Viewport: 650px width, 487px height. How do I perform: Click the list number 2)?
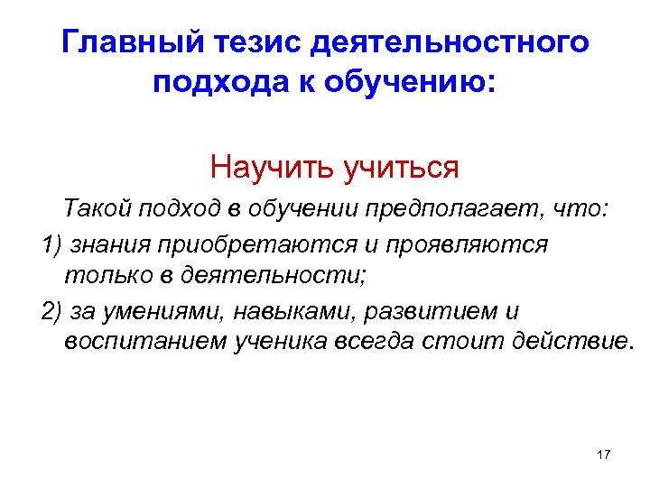click(52, 311)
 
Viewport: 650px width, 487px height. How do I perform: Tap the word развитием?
click(417, 311)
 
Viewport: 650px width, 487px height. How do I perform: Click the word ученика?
click(266, 343)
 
